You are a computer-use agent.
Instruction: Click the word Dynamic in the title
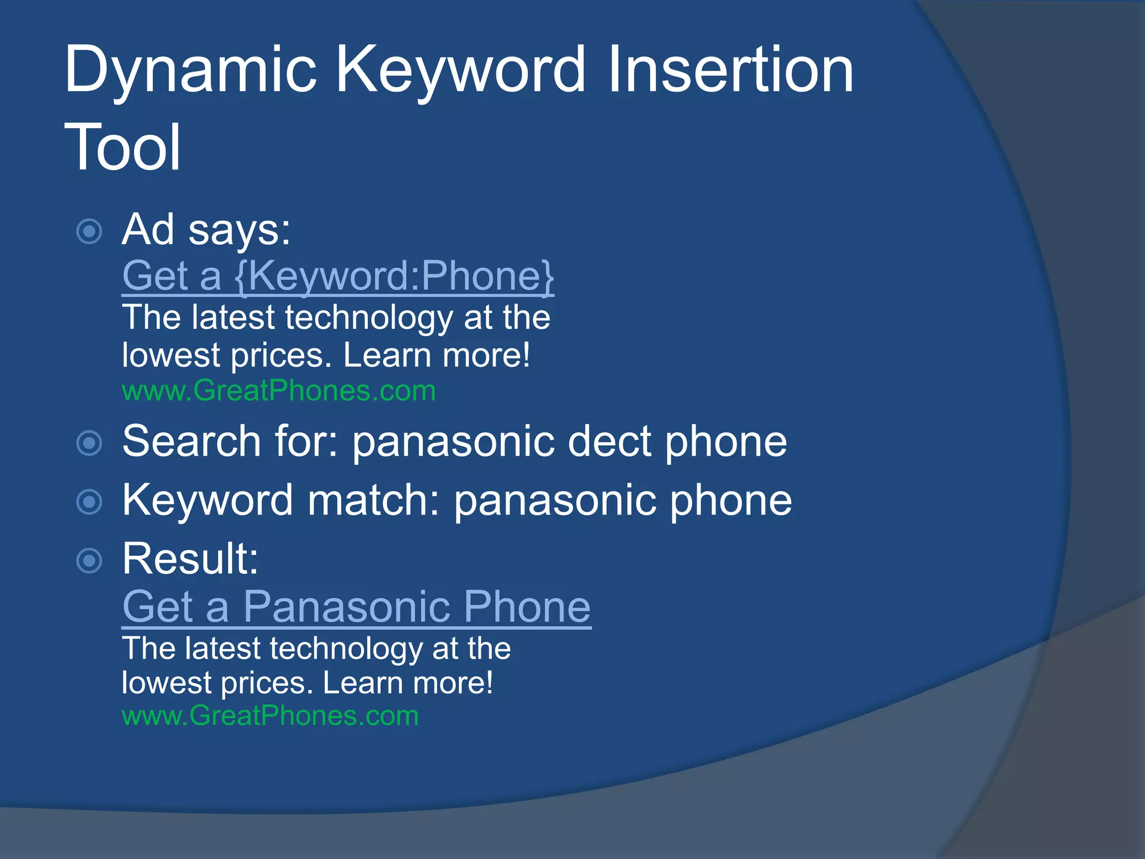tap(190, 70)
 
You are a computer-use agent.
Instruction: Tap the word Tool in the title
tap(123, 147)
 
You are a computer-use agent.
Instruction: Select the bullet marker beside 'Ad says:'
tap(89, 232)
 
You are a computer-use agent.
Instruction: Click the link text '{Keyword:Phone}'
tap(394, 276)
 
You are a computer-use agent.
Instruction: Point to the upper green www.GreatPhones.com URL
tap(278, 390)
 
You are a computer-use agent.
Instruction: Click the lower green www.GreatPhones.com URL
tap(270, 716)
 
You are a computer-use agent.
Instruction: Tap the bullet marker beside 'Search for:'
tap(89, 443)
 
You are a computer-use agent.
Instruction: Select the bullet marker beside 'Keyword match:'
tap(89, 502)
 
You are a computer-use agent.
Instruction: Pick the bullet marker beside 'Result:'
tap(89, 560)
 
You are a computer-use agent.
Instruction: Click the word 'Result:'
tap(190, 559)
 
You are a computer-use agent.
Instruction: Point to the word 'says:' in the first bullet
tap(239, 230)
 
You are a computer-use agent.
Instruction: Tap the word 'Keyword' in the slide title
tap(461, 70)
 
